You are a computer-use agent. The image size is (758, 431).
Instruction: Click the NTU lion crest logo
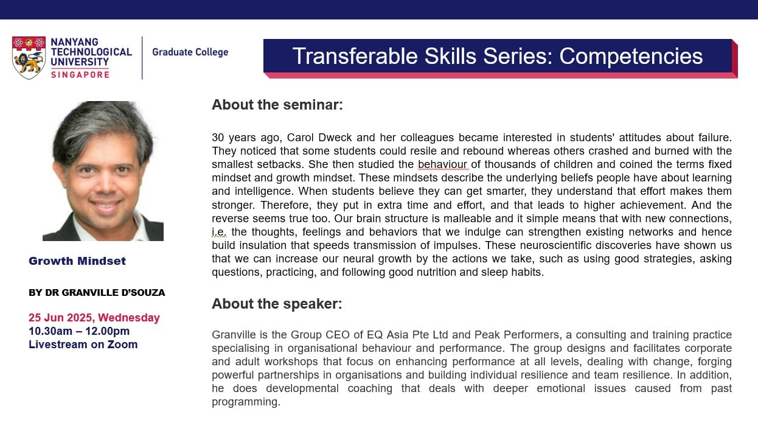[29, 58]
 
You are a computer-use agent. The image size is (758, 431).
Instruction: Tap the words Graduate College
[190, 52]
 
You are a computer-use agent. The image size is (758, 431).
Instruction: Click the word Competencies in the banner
[631, 56]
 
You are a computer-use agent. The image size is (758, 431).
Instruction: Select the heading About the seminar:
[277, 105]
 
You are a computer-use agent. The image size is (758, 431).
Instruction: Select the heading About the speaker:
[277, 304]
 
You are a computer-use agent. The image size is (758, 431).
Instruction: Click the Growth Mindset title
[77, 261]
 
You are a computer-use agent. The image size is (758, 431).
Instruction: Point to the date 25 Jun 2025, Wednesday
[94, 318]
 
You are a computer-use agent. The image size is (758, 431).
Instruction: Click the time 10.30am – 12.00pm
[79, 331]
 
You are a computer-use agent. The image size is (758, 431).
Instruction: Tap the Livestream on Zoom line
[83, 345]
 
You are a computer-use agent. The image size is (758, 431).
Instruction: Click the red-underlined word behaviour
[442, 164]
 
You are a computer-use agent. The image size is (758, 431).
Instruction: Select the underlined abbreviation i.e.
[218, 232]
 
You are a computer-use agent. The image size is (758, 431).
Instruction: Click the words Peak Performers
[518, 335]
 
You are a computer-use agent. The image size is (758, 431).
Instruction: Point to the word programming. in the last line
[246, 402]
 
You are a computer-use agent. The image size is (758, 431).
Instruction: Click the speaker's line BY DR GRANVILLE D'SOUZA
[97, 293]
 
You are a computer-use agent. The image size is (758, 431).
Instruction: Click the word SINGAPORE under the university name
[80, 74]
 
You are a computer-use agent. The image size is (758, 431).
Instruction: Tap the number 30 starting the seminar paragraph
[218, 138]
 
